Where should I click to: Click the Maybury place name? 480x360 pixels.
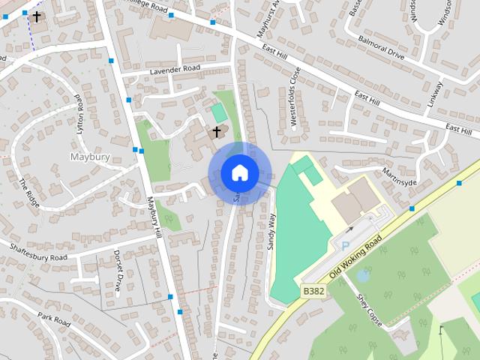[90, 157]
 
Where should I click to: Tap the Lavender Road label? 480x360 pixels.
[176, 69]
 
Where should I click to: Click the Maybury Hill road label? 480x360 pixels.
[155, 217]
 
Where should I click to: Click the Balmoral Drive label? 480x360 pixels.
[381, 49]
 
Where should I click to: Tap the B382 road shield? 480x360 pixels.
[313, 290]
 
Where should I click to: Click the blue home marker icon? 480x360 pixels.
[239, 173]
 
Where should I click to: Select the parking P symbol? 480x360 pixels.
[345, 246]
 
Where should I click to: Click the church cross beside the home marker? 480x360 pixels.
[217, 132]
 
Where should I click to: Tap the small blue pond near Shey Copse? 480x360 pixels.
[364, 275]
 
